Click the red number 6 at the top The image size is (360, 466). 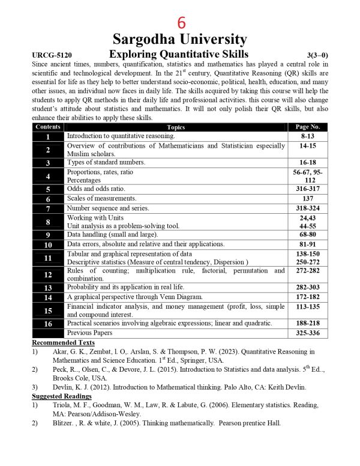tap(181, 22)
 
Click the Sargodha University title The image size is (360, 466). tap(181, 40)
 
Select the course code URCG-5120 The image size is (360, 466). tap(52, 55)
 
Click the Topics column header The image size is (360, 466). tap(176, 127)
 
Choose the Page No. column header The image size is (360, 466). tap(308, 127)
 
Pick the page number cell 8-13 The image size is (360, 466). tap(308, 136)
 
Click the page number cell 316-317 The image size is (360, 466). tap(308, 189)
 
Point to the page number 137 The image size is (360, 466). tap(308, 198)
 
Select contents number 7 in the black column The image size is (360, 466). tap(47, 209)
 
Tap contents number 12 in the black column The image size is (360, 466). tap(47, 274)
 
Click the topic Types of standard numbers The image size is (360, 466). tap(106, 163)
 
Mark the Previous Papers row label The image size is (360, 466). tap(89, 332)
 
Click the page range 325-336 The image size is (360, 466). tap(308, 332)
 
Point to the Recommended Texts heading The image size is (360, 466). tap(60, 342)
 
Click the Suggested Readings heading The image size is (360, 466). tap(59, 396)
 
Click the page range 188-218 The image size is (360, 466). tap(308, 323)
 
